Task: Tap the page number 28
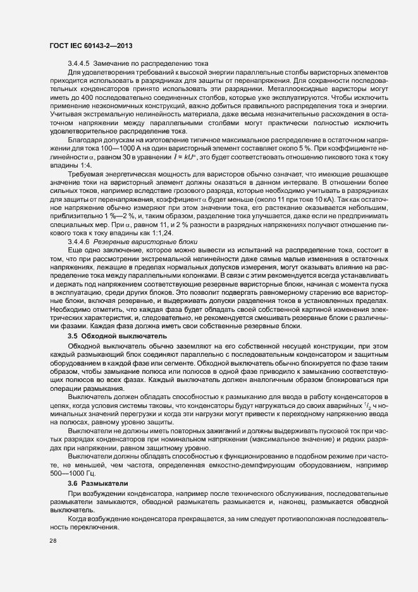pyautogui.click(x=53, y=541)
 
